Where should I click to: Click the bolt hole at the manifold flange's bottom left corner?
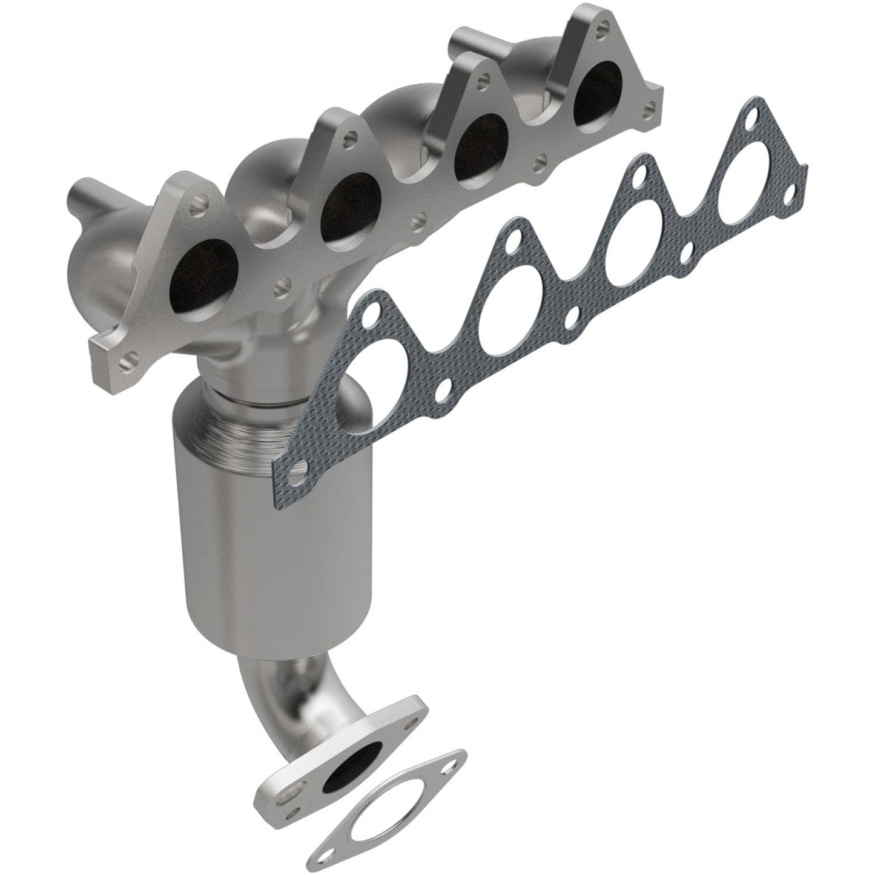click(125, 364)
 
